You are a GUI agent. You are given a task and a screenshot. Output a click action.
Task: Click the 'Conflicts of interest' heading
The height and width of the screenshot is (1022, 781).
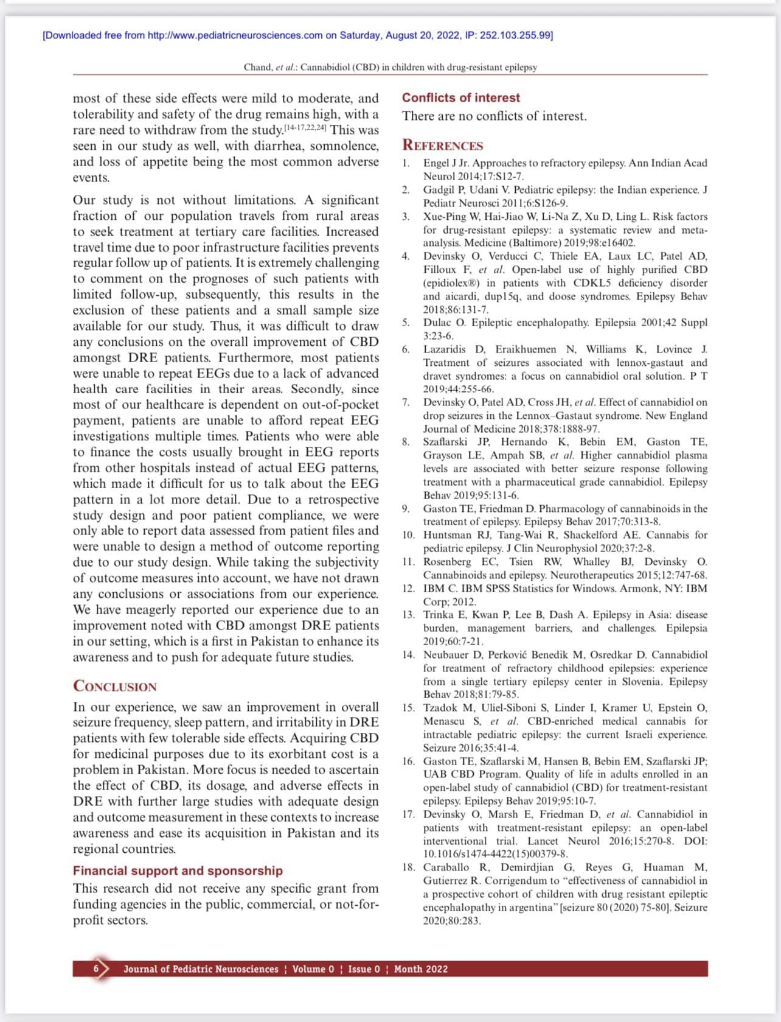(460, 98)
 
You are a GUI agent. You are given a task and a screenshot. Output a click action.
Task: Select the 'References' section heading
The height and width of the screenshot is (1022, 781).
(442, 145)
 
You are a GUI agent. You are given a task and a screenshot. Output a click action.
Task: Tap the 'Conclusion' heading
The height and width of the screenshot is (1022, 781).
(114, 687)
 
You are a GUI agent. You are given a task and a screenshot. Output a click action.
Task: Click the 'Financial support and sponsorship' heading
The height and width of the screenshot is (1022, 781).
(178, 870)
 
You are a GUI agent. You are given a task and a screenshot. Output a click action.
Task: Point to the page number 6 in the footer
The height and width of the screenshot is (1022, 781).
(96, 969)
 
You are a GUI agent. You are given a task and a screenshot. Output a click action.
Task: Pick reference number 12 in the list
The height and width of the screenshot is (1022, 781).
(408, 589)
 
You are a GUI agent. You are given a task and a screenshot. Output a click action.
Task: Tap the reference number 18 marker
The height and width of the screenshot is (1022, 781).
(408, 867)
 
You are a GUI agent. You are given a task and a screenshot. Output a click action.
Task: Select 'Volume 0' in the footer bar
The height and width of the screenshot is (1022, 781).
(313, 969)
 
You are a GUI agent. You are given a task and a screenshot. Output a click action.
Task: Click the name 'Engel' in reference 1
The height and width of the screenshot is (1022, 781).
(436, 163)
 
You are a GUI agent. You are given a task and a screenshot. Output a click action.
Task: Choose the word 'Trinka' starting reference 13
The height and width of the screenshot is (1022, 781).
(438, 615)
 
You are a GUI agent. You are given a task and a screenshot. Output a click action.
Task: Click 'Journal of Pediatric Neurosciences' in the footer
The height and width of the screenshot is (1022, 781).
(201, 969)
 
